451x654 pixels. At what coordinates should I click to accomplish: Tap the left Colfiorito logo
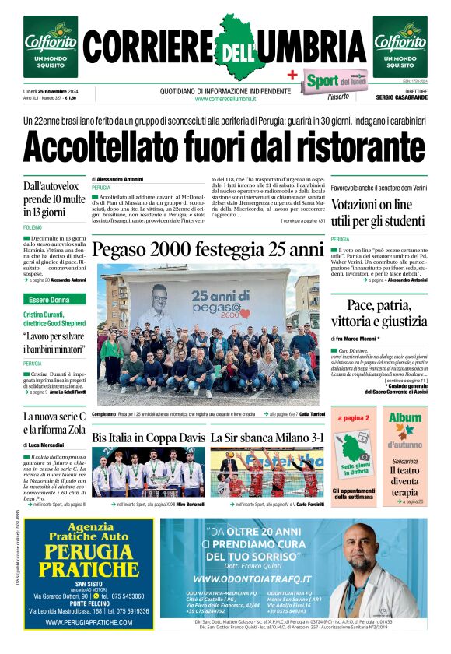point(50,46)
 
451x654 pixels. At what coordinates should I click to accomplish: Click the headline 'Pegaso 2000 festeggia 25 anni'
point(207,250)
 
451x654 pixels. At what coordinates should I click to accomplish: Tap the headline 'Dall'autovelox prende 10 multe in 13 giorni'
point(54,199)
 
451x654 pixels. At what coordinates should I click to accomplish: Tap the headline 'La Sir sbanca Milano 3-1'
point(267,438)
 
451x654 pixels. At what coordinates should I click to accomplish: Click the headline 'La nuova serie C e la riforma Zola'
point(54,427)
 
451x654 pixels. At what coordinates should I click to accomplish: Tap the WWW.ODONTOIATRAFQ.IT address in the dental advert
point(252,580)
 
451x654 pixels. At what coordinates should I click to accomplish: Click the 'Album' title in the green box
point(404,418)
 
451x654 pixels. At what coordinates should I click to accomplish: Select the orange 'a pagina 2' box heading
point(351,417)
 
